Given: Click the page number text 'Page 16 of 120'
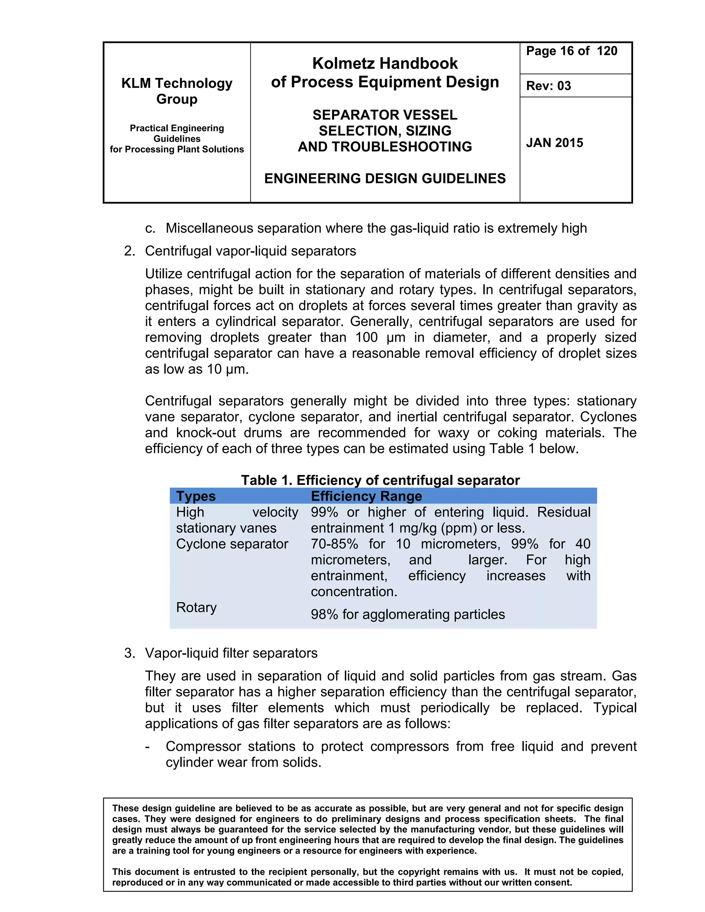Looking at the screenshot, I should coord(571,51).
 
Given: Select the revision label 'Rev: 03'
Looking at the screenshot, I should coord(548,86).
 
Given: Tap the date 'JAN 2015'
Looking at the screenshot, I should coord(554,143).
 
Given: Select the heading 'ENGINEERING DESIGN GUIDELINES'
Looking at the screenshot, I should coord(385,178).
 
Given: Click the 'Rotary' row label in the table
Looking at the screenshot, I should coord(196,607).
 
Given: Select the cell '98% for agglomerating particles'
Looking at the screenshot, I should coord(408,614).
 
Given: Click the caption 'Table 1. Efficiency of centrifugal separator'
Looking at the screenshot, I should coord(380,480).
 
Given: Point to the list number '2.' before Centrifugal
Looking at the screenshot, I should coord(129,251).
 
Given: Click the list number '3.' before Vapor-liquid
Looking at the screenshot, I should coord(129,653).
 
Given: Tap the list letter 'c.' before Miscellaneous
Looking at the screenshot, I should coord(150,229).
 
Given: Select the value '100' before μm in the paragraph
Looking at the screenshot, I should coord(366,337).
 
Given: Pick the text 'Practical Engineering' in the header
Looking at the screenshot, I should coord(177,128).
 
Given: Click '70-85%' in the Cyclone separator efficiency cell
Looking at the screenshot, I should coord(334,544).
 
